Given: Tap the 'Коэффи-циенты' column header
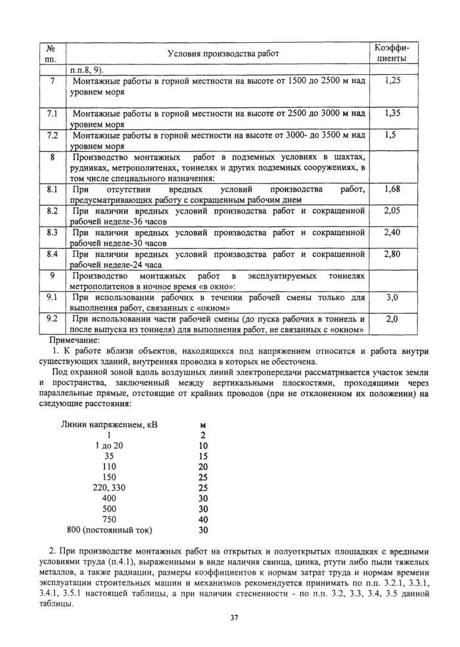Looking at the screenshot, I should point(392,53).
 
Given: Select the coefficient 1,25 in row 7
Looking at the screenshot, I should point(392,81).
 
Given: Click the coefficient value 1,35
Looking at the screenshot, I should point(392,113).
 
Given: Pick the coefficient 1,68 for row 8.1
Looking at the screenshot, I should point(392,189).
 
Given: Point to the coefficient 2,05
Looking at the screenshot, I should point(392,211).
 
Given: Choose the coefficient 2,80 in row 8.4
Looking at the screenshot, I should point(392,254).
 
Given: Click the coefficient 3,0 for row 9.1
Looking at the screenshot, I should point(392,297).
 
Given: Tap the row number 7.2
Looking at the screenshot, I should point(53,135).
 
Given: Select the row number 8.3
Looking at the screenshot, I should point(53,233).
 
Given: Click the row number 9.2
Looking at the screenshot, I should point(53,319).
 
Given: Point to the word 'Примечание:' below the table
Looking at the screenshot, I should point(75,340).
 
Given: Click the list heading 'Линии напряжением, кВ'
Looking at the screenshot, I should point(110,424).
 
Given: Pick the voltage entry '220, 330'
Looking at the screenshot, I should point(109,487).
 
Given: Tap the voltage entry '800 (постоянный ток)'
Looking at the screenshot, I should point(109,529).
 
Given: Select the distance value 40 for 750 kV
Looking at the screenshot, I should point(202,519).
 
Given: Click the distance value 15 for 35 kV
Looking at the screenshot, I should point(202,456).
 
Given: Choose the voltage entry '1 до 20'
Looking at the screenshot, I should point(109,445).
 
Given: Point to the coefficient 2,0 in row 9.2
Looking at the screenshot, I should point(392,319).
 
